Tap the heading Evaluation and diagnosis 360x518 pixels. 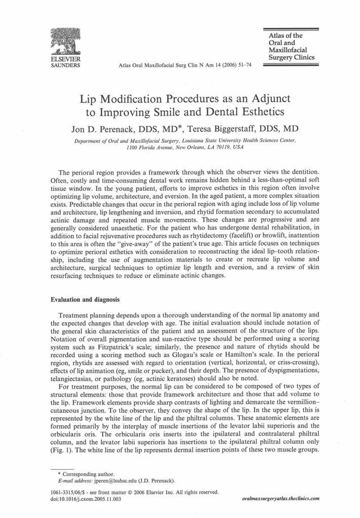point(85,299)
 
